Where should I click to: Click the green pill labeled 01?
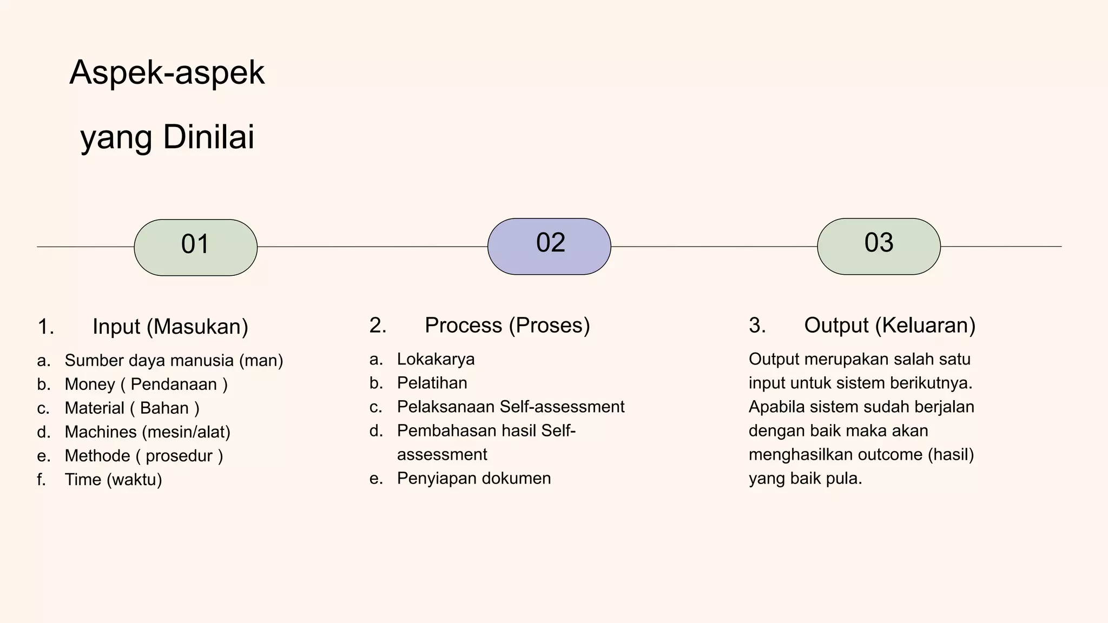[x=195, y=247]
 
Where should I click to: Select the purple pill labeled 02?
[x=549, y=246]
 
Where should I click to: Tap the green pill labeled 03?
[x=879, y=246]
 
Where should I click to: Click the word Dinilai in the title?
[x=208, y=137]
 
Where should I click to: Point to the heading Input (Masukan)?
[x=170, y=327]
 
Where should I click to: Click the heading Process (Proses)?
[x=507, y=325]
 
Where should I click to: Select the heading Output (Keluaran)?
[x=889, y=325]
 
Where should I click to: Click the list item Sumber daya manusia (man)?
[x=174, y=360]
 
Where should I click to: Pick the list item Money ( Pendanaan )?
[x=146, y=384]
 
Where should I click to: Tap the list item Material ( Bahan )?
[x=132, y=408]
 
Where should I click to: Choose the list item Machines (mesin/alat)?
[x=147, y=432]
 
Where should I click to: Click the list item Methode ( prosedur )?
[x=144, y=455]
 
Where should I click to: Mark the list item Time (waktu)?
[x=113, y=479]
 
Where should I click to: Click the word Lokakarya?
[x=436, y=359]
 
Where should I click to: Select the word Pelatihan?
[x=432, y=383]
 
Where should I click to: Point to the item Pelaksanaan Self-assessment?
[x=511, y=407]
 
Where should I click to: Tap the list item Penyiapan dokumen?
[x=474, y=478]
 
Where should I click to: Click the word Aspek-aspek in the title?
[x=167, y=72]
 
